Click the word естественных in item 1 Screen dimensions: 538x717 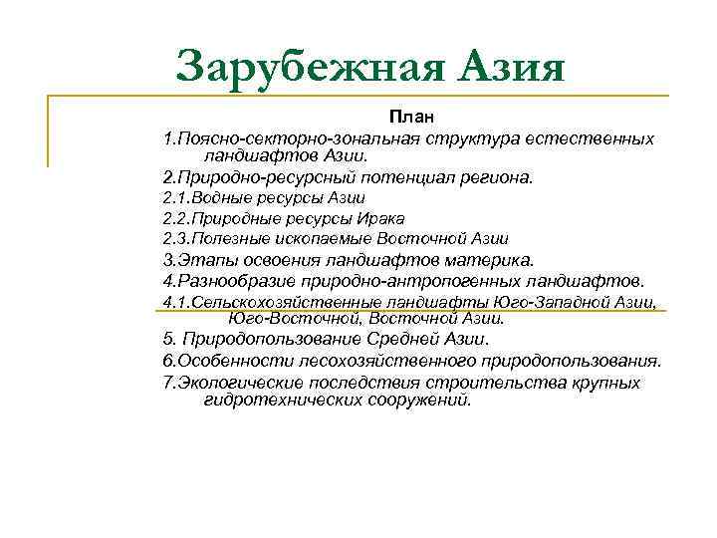point(597,137)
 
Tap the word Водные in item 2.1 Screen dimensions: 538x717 point(225,198)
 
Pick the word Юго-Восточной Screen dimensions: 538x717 point(293,319)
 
